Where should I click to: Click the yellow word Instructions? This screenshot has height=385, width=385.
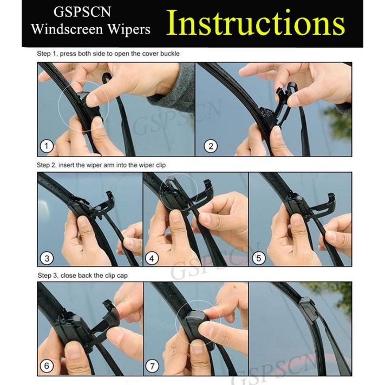pos(256,23)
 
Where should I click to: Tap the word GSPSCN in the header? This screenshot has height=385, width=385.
pos(82,12)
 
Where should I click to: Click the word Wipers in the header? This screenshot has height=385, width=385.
pos(129,29)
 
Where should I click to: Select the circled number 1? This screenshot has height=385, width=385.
pos(47,146)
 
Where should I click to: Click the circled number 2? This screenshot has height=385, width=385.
pos(211,146)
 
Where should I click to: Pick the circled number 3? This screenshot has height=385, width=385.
pos(47,258)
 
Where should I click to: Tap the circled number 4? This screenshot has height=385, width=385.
pos(152,258)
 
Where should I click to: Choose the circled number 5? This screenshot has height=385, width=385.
pos(259,258)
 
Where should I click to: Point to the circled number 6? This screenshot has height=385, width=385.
pos(47,366)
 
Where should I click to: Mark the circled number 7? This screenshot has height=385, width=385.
pos(152,367)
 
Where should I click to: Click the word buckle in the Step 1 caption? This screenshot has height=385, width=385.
pos(170,54)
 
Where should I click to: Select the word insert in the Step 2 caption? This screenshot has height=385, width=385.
pos(66,165)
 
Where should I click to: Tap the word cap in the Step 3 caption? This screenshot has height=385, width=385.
pos(122,276)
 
